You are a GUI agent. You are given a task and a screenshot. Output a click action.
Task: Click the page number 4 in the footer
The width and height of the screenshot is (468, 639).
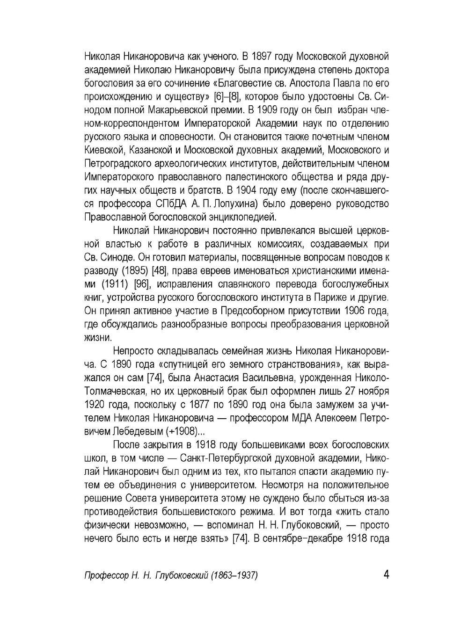(x=386, y=574)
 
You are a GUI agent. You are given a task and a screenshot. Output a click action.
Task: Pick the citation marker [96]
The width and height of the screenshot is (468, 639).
(x=142, y=284)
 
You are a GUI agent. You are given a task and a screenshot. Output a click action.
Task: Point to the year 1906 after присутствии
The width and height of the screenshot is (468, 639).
(x=355, y=311)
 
